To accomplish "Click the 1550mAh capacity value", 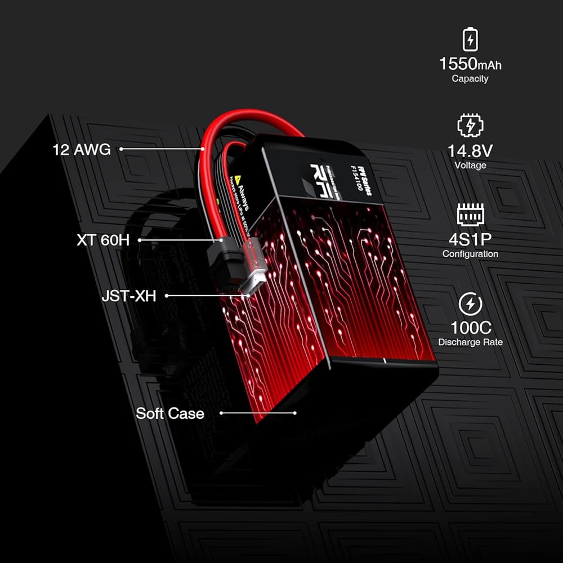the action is coord(470,63).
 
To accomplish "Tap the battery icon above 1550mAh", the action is coord(470,39).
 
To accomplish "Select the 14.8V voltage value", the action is coord(470,151).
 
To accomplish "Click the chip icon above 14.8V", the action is coord(470,125).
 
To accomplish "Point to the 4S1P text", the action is coord(470,239).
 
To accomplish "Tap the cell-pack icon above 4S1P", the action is coord(470,215).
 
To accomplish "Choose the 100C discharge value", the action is coord(470,328).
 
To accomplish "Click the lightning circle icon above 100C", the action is coord(470,303).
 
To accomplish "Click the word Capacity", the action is coord(470,79).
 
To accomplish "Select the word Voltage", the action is coord(470,166).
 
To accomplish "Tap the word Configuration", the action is coord(470,254).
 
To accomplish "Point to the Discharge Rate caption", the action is coord(470,342).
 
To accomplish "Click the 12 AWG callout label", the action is coord(82,150).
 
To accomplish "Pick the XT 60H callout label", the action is coord(103,240).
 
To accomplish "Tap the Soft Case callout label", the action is coord(170,413).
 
